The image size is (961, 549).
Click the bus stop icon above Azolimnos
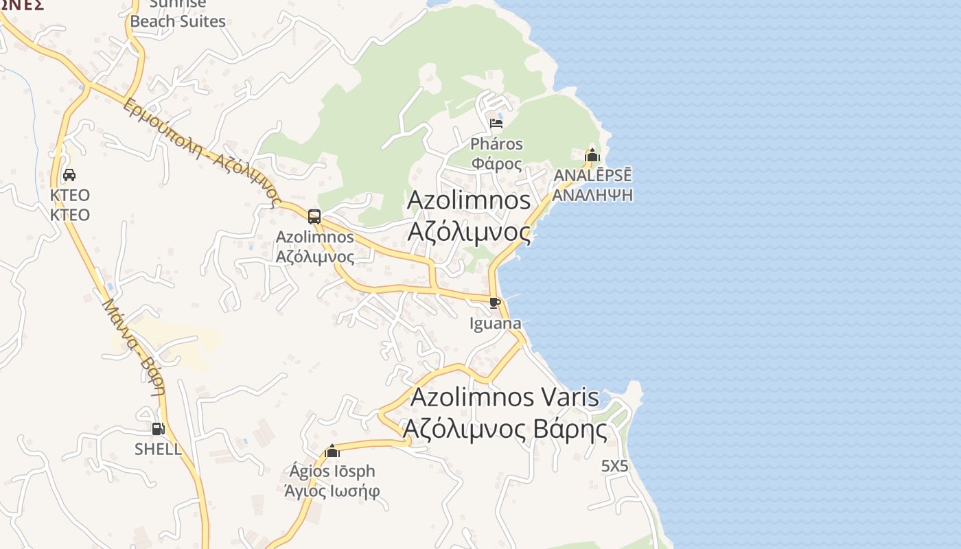tap(314, 217)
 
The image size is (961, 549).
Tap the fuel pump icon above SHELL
tap(158, 429)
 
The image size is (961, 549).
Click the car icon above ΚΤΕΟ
tap(69, 175)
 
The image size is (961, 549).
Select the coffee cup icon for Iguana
tap(495, 303)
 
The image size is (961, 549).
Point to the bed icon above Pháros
tap(496, 124)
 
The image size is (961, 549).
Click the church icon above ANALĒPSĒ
tap(592, 155)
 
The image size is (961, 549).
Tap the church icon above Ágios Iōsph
tap(332, 451)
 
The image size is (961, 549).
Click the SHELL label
tap(158, 449)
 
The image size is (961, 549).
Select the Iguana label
tap(495, 323)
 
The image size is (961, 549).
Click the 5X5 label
tap(614, 466)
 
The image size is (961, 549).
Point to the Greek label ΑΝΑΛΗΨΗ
tap(592, 195)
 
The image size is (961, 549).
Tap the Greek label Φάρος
tap(496, 164)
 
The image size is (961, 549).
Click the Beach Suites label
tap(178, 21)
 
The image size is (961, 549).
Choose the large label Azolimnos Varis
tap(505, 397)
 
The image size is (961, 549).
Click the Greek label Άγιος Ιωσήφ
tap(332, 491)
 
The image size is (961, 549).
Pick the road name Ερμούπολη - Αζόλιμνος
tap(202, 152)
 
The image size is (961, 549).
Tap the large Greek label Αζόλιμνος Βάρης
tap(505, 430)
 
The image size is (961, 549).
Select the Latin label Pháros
tap(496, 144)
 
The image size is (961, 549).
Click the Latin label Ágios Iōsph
tap(332, 471)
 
